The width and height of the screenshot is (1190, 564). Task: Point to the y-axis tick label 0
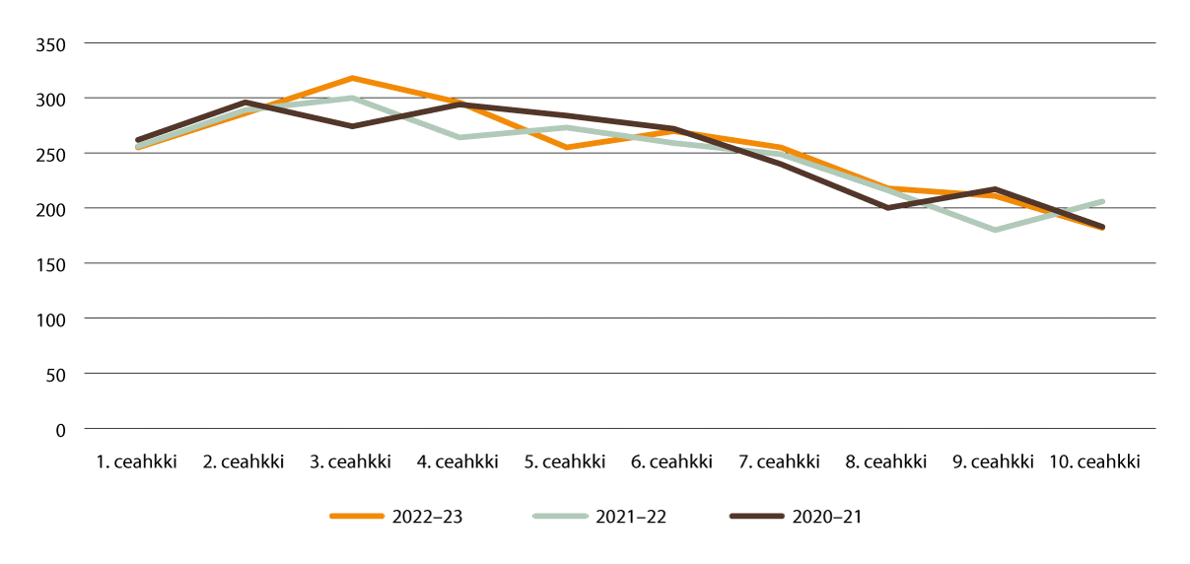pos(60,430)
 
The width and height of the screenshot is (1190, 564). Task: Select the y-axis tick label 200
pos(51,209)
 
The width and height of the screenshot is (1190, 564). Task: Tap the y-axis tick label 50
pos(55,375)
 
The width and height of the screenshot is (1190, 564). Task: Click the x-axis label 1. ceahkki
pos(138,461)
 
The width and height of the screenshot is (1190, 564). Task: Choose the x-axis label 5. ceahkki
pos(566,461)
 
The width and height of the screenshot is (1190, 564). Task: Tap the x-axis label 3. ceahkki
pos(352,461)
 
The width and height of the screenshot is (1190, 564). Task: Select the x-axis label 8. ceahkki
pos(887,461)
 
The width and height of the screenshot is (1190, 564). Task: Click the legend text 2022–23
pos(427,517)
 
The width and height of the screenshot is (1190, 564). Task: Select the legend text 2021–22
pos(632,517)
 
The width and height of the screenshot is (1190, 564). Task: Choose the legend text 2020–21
pos(827,517)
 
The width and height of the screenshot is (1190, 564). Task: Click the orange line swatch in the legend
pos(356,517)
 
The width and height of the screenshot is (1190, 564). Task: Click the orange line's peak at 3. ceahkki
pos(352,78)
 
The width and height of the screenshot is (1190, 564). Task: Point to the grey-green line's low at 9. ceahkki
pos(995,230)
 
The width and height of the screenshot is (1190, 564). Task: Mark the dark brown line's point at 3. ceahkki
pos(352,126)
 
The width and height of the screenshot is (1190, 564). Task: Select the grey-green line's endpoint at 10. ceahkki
pos(1101,201)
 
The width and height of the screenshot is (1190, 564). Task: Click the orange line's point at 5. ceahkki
pos(566,147)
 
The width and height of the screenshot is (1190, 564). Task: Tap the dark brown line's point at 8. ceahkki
pos(887,208)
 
